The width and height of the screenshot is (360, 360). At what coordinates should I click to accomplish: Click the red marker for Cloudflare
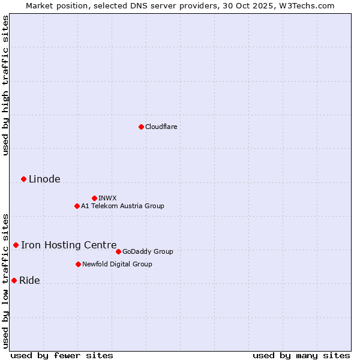141,127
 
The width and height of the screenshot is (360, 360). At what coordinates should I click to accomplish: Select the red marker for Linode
23,179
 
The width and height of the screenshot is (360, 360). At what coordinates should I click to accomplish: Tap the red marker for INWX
94,198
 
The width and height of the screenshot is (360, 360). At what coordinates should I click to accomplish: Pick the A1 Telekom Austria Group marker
77,206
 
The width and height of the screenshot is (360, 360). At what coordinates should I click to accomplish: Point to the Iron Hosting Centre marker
16,245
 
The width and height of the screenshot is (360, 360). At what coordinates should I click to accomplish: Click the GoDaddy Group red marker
118,251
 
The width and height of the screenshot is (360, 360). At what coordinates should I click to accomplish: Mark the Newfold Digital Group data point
78,264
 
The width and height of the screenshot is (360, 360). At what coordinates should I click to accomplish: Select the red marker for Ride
14,280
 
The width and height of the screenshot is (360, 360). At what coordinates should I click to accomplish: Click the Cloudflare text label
161,127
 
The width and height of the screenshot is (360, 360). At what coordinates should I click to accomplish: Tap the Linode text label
44,179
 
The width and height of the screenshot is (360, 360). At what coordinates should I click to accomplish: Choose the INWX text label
107,198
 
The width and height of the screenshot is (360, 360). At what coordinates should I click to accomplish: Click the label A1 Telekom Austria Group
122,206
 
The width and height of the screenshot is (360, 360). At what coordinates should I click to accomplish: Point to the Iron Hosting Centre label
69,245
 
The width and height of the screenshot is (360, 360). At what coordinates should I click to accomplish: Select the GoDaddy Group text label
148,251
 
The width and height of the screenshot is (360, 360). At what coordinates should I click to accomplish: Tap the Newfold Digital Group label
117,264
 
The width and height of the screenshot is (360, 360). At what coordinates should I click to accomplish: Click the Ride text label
29,280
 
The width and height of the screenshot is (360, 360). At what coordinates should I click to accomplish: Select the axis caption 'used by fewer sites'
62,355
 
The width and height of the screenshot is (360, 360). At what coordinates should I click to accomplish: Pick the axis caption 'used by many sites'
301,355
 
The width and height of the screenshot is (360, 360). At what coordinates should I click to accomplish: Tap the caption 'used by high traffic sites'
5,86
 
